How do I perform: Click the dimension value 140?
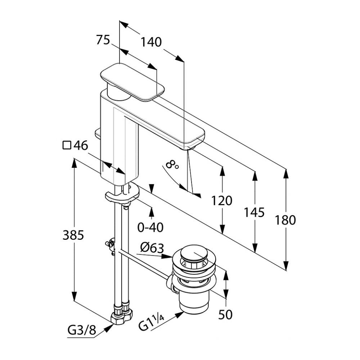point(151,42)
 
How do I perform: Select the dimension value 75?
point(103,40)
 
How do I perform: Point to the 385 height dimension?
point(73,235)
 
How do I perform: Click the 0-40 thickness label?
point(150,227)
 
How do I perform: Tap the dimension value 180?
point(285,220)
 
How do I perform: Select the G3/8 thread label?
point(82,330)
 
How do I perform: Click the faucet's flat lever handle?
point(132,81)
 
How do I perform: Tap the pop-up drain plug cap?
point(195,252)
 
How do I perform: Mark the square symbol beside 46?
point(67,145)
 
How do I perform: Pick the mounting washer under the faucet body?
point(122,194)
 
